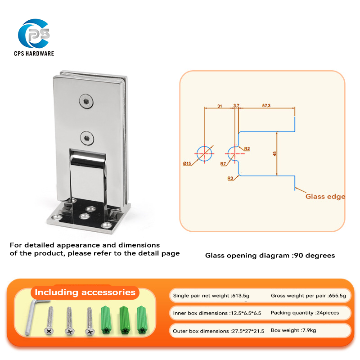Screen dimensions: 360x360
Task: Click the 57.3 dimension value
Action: (266, 105)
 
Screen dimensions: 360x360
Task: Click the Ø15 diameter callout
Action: (188, 163)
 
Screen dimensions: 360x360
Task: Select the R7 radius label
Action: (224, 164)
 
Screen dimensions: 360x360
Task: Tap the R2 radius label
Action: (247, 148)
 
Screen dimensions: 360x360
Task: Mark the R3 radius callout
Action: (230, 179)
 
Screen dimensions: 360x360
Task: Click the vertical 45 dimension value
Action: (274, 153)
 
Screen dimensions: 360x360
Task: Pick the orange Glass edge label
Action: (325, 196)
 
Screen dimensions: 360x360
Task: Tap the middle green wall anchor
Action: (123, 320)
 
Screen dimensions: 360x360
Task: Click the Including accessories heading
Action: (85, 292)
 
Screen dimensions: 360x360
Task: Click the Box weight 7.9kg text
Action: (293, 330)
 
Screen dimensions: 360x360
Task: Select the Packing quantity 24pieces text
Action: (305, 313)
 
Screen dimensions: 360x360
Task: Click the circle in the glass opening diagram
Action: (204, 153)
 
